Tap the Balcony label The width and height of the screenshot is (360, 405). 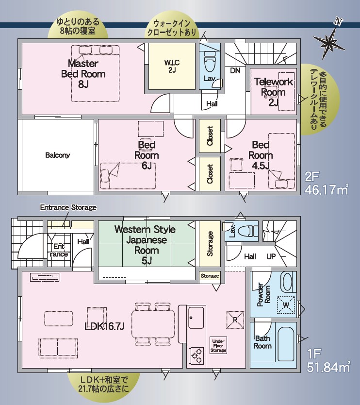click(x=58, y=155)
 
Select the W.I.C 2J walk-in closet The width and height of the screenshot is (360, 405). click(x=172, y=67)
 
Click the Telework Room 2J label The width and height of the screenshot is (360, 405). click(x=274, y=92)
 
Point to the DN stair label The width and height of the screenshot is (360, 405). click(x=235, y=70)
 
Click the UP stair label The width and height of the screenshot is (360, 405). click(x=271, y=256)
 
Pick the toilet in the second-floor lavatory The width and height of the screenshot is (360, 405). click(x=210, y=61)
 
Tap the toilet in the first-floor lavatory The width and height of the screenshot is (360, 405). click(x=247, y=230)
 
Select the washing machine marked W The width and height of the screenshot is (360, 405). click(x=286, y=305)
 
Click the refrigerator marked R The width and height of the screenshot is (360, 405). click(x=235, y=320)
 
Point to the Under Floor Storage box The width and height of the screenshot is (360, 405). click(x=218, y=345)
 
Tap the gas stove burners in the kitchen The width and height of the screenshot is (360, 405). click(x=196, y=355)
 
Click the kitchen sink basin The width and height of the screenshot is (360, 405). click(x=196, y=318)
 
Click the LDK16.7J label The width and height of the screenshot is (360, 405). click(x=104, y=326)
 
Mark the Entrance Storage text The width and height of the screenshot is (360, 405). click(x=68, y=207)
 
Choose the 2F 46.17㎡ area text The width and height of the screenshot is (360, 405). click(x=327, y=184)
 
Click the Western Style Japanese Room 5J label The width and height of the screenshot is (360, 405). click(x=145, y=245)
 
